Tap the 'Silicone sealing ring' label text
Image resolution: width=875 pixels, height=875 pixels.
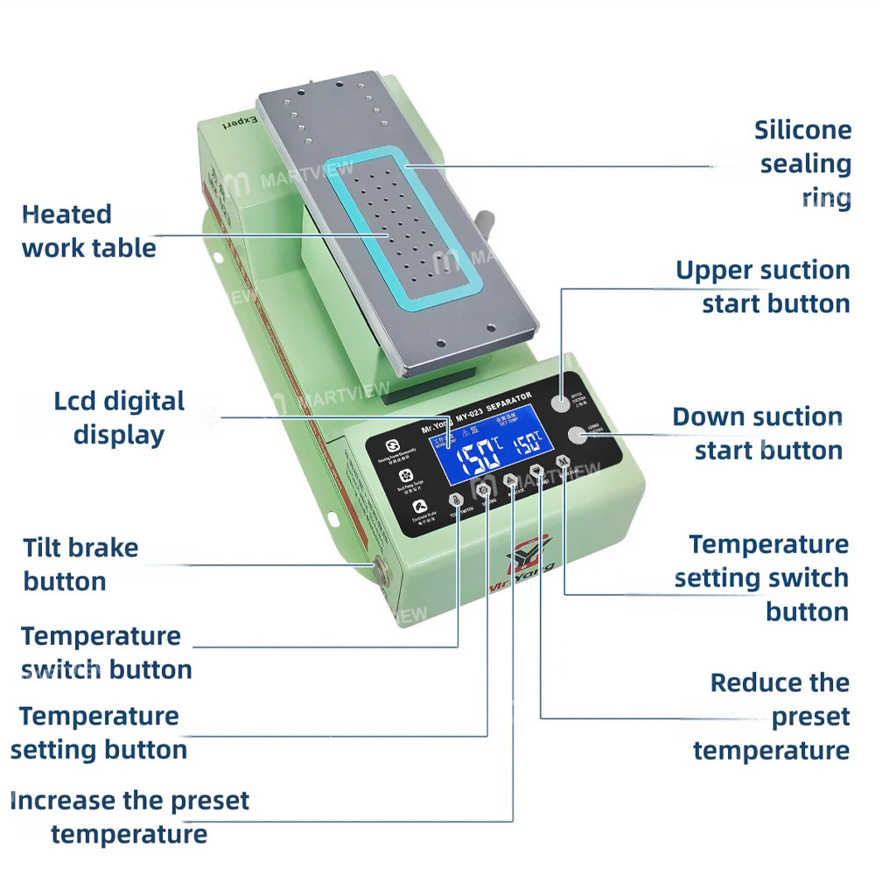click(803, 164)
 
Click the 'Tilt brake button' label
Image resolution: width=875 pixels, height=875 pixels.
click(80, 564)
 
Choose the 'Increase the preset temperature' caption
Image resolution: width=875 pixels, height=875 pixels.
click(129, 816)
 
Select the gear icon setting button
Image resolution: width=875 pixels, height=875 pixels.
click(483, 491)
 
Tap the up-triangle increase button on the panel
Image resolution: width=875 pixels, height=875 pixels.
click(511, 481)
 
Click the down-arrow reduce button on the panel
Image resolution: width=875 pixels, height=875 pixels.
click(537, 472)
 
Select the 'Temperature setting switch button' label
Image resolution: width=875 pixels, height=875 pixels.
click(761, 577)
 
